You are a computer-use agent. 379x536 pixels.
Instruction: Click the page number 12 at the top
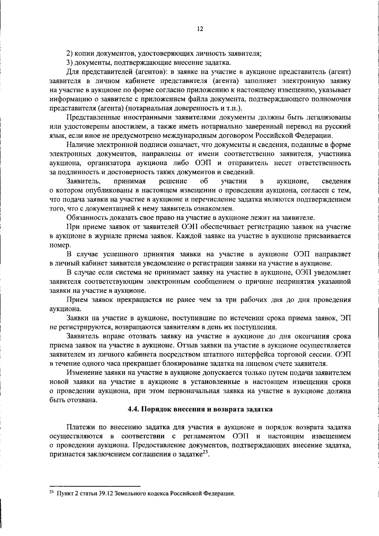click(200, 29)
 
